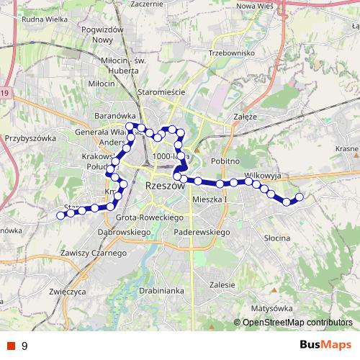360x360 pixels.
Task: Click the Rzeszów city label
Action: [165, 185]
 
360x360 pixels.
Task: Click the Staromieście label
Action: [163, 92]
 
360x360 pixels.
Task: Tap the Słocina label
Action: [276, 237]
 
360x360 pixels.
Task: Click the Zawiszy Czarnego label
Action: [94, 253]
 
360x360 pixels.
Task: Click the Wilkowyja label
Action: [266, 175]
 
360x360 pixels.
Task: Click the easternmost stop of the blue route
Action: [300, 197]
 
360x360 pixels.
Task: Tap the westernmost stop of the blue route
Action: [60, 215]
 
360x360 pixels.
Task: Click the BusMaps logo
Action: [325, 345]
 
